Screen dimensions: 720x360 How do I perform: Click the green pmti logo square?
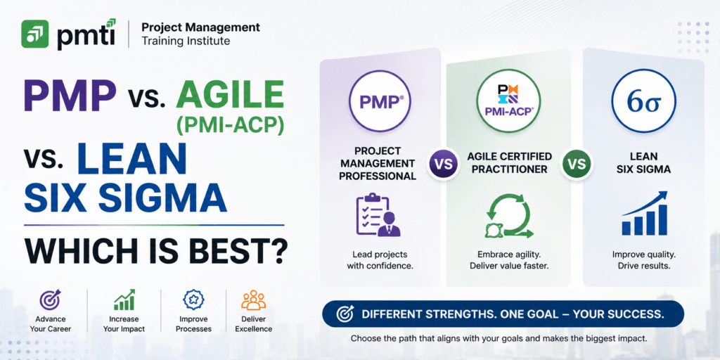click(35, 34)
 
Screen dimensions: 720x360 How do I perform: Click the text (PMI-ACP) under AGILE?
click(230, 125)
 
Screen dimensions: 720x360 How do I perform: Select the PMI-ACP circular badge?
click(508, 101)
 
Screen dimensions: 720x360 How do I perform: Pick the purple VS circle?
click(443, 163)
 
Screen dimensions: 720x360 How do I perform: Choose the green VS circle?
click(577, 163)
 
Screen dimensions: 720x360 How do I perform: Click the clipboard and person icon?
click(378, 215)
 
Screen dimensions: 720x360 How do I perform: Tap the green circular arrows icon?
click(509, 217)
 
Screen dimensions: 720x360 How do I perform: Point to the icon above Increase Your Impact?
click(124, 300)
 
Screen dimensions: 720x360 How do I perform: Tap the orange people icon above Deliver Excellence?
click(253, 300)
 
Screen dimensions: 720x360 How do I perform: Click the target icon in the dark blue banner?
click(345, 314)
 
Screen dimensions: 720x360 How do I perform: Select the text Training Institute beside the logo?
click(186, 41)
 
